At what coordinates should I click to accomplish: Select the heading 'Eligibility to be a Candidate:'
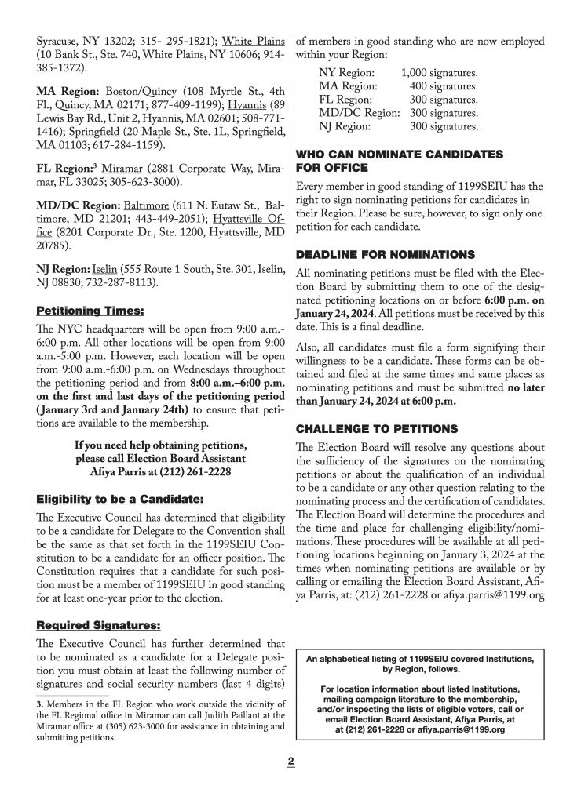click(109, 499)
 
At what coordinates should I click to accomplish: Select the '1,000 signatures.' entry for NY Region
click(439, 73)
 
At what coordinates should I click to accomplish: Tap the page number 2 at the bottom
click(290, 761)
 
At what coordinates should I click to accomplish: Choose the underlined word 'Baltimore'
click(133, 204)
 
